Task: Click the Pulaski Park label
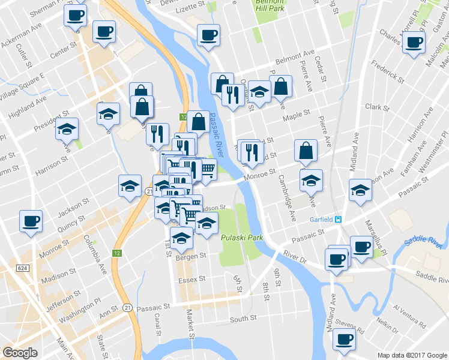(x=242, y=238)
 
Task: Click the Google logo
(x=20, y=353)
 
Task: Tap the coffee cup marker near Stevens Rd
(x=345, y=340)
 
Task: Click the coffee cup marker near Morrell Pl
(x=412, y=43)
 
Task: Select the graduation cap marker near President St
(x=108, y=113)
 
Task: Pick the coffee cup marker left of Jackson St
(x=31, y=221)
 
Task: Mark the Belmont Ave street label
(x=295, y=59)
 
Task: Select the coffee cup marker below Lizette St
(x=208, y=35)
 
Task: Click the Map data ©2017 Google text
(x=411, y=355)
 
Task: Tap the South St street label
(x=243, y=318)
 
